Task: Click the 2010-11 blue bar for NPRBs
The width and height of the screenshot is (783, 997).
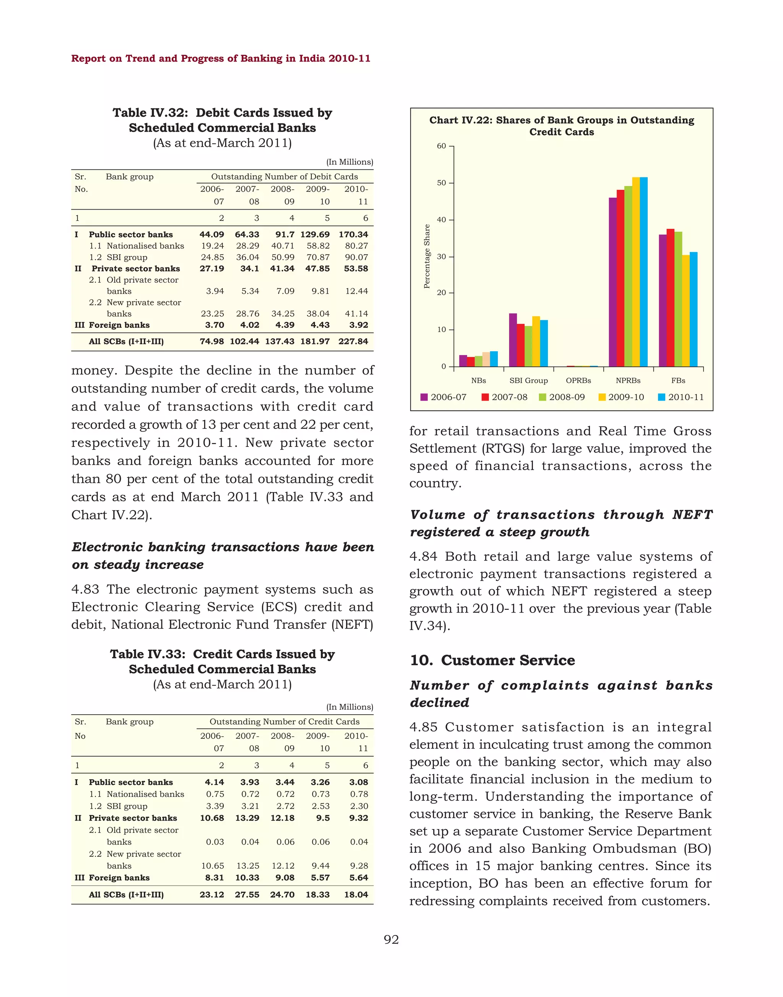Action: point(643,272)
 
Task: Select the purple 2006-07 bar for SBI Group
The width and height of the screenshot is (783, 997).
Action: point(513,340)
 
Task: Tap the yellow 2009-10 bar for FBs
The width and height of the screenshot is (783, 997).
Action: point(686,311)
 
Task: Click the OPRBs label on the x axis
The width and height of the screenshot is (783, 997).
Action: point(578,380)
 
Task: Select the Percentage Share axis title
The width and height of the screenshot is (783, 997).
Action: point(427,256)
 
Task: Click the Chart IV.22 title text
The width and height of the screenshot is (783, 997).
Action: point(562,126)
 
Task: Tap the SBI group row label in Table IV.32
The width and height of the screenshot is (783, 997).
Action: point(127,257)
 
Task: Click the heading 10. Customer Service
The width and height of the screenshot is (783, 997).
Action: point(492,660)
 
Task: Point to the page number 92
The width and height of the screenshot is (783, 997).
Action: point(391,940)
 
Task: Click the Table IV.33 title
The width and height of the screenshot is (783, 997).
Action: point(223,661)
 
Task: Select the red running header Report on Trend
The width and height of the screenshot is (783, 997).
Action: point(221,58)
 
